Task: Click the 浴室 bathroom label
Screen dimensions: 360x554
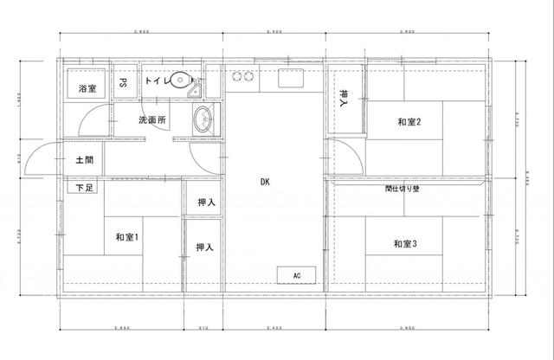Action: tap(87, 88)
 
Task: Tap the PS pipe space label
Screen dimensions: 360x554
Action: tap(124, 85)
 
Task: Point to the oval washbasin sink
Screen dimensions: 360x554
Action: tap(204, 120)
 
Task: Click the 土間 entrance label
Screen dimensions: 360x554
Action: tap(84, 160)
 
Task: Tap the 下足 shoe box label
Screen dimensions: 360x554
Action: tap(85, 187)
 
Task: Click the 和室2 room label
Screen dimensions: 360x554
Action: tap(409, 123)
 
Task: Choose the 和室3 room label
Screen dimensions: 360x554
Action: tap(405, 245)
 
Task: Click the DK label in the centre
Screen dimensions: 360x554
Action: tap(264, 182)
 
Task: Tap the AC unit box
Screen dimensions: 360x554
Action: tap(297, 275)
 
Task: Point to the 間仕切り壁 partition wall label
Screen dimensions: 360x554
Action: tap(403, 187)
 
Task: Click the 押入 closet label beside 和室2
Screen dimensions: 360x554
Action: tap(345, 98)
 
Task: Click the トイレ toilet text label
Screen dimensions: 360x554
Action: tap(158, 80)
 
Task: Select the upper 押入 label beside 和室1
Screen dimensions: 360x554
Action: tap(205, 202)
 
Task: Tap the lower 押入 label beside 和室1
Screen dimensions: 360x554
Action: tap(204, 247)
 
